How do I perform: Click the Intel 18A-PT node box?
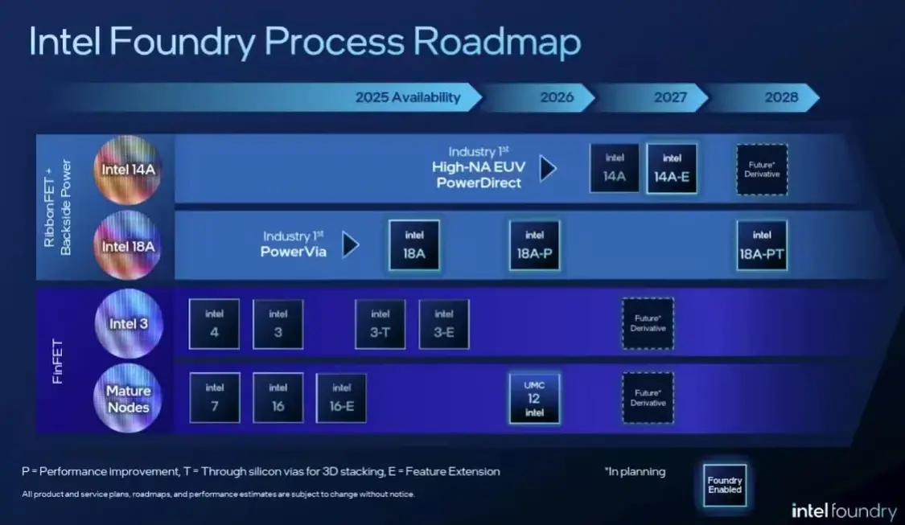(x=762, y=245)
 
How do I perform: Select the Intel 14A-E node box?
(x=672, y=169)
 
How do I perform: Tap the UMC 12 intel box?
(x=534, y=399)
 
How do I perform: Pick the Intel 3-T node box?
(x=381, y=324)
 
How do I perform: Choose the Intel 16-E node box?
(x=341, y=398)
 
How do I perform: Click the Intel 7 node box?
(x=214, y=398)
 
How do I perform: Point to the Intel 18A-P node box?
(x=534, y=245)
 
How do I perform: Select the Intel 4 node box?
(x=214, y=324)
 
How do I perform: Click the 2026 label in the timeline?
(x=557, y=97)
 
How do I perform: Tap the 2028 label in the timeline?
(x=781, y=97)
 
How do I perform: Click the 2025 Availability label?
(x=408, y=97)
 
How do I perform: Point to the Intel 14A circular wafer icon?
(x=128, y=170)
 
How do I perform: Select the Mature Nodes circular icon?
(x=128, y=399)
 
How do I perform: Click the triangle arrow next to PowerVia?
(x=350, y=244)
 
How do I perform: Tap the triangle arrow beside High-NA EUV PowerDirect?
(x=548, y=169)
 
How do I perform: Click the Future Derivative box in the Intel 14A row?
(x=762, y=169)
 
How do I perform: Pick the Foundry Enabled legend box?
(x=724, y=485)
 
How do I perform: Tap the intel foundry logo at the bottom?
(x=843, y=511)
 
